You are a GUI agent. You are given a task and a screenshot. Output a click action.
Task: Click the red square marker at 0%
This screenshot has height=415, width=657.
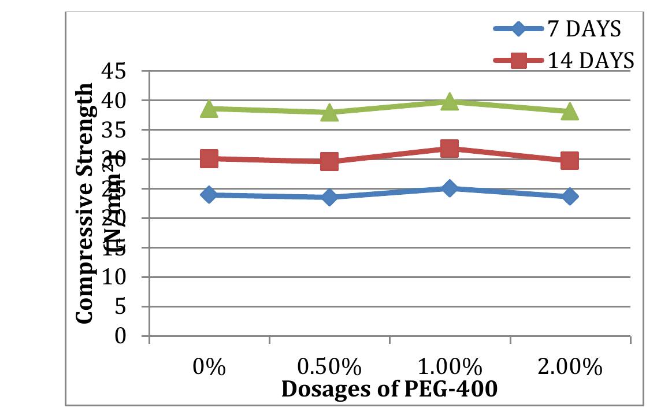click(209, 158)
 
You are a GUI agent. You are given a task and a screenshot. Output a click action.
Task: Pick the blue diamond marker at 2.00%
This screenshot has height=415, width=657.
click(569, 197)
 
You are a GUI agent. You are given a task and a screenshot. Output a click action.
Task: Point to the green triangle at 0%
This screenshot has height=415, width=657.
click(209, 109)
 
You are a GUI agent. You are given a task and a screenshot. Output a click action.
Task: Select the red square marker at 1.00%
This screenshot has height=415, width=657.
click(449, 149)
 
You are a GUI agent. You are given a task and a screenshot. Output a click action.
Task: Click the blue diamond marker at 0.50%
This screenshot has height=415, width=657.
click(329, 197)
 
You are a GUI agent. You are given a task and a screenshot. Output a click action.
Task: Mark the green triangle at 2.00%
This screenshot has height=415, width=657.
click(569, 112)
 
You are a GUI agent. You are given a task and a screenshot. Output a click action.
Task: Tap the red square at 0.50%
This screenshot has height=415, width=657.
click(329, 161)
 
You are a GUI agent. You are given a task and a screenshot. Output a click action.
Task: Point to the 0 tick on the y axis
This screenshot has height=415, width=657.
click(135, 336)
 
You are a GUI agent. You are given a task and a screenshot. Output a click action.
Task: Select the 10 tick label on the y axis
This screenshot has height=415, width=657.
click(127, 277)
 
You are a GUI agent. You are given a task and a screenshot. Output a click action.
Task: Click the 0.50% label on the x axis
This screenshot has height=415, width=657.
click(329, 368)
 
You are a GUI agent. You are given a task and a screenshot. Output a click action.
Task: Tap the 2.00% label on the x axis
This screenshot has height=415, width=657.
click(569, 368)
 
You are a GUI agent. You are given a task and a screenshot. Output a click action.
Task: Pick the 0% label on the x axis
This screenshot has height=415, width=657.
click(209, 368)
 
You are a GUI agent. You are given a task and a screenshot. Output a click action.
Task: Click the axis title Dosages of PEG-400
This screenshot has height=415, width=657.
click(389, 389)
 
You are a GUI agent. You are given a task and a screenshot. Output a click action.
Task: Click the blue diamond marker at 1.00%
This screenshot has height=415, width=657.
click(449, 188)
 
